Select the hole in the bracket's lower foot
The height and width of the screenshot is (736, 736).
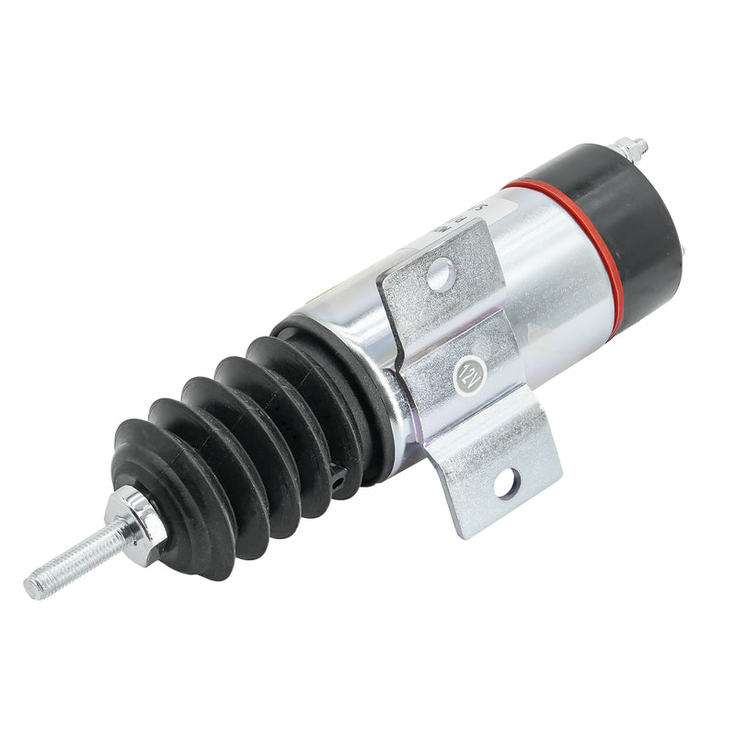coord(505,478)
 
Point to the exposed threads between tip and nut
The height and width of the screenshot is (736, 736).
coord(78,557)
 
